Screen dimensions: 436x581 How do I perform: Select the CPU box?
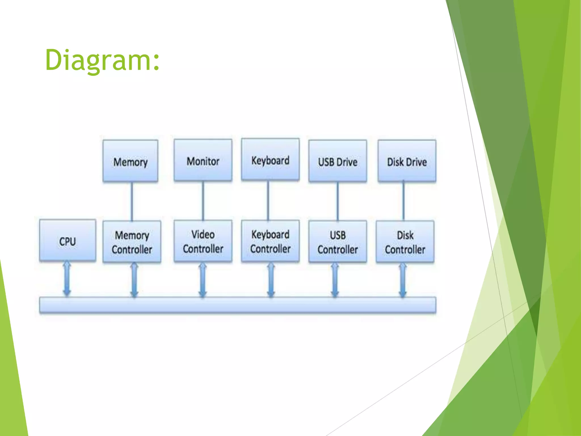pyautogui.click(x=68, y=241)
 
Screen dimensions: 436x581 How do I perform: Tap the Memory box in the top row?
pyautogui.click(x=130, y=161)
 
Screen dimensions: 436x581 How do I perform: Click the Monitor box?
pyautogui.click(x=203, y=160)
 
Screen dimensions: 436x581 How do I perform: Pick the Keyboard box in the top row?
pyautogui.click(x=270, y=160)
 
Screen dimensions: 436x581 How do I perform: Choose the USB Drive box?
pyautogui.click(x=338, y=161)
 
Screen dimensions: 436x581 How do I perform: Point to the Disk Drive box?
pyautogui.click(x=407, y=161)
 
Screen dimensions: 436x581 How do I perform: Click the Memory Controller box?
pyautogui.click(x=132, y=242)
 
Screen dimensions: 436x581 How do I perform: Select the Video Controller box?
pyautogui.click(x=203, y=241)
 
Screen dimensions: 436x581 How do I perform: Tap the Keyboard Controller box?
pyautogui.click(x=270, y=241)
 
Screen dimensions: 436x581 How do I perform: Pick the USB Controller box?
pyautogui.click(x=338, y=242)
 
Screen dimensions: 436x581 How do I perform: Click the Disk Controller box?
pyautogui.click(x=405, y=242)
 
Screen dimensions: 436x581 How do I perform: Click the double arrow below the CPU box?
pyautogui.click(x=67, y=279)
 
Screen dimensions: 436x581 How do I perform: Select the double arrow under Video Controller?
pyautogui.click(x=203, y=280)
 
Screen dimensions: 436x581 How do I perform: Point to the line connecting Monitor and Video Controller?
pyautogui.click(x=203, y=201)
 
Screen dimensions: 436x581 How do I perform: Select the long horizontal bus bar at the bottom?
pyautogui.click(x=237, y=305)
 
